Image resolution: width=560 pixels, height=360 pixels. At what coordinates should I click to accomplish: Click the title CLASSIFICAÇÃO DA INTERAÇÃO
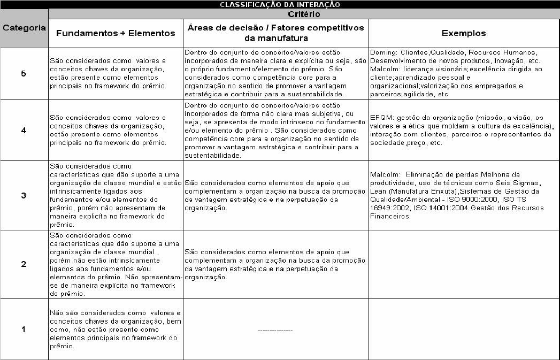tap(279, 4)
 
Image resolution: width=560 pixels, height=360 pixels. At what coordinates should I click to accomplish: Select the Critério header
tap(304, 14)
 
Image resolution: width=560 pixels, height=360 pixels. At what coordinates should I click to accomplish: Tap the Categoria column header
tap(24, 28)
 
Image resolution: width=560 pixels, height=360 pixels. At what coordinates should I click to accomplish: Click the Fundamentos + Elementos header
tap(116, 33)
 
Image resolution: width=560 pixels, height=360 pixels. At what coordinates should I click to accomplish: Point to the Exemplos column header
tap(464, 33)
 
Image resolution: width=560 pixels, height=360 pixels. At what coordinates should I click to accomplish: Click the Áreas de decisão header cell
tap(275, 33)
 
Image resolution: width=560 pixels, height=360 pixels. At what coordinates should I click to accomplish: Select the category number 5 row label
tap(24, 74)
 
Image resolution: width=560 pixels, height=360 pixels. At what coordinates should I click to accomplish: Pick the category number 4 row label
tap(24, 130)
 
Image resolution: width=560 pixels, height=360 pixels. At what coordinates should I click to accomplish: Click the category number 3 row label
tap(24, 195)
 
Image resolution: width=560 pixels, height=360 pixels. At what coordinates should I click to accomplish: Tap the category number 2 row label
tap(24, 264)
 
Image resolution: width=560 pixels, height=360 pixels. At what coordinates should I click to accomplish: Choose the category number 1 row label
tap(24, 329)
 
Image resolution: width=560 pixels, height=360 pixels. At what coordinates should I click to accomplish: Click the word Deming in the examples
tap(382, 52)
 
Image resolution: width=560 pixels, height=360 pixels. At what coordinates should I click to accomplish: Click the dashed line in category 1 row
tap(275, 330)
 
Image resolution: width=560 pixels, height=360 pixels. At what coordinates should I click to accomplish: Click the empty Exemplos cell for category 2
tap(464, 264)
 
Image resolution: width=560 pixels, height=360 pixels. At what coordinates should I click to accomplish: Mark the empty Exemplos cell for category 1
tap(464, 329)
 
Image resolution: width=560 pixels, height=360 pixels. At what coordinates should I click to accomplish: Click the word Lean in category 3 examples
tap(379, 192)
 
